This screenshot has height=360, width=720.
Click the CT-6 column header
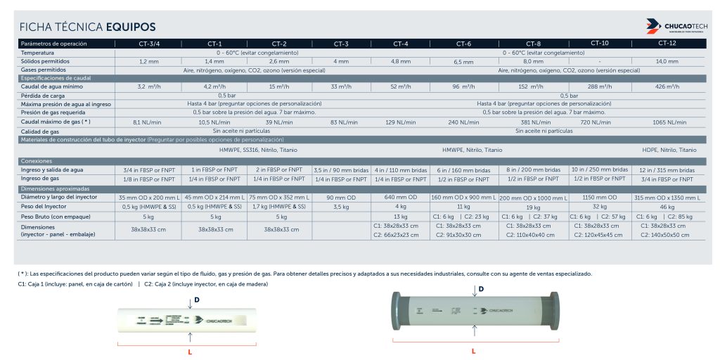click(463, 44)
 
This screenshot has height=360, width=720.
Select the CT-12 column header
click(667, 44)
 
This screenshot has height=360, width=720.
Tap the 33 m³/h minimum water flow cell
click(340, 86)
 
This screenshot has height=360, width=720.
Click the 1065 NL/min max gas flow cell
click(669, 122)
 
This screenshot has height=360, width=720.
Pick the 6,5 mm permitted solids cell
click(463, 62)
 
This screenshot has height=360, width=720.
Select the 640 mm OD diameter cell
click(400, 198)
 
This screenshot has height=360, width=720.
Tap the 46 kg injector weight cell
click(667, 207)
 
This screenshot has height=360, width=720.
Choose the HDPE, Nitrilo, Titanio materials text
click(669, 150)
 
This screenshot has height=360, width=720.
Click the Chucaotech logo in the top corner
click(676, 27)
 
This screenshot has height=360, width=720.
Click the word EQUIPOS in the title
click(131, 27)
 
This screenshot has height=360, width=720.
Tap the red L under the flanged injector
click(474, 350)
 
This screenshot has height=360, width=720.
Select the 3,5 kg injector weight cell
click(340, 207)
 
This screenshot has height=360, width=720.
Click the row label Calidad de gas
click(41, 131)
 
